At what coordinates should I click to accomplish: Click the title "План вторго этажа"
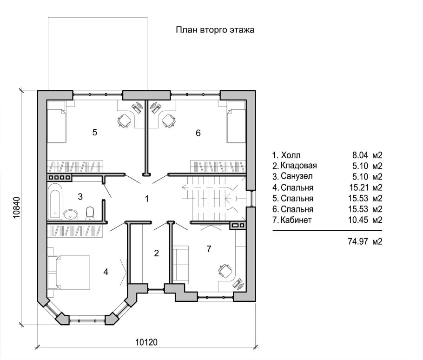click(x=215, y=30)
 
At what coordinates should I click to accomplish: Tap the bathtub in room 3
click(x=55, y=201)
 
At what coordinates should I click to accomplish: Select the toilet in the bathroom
click(x=90, y=213)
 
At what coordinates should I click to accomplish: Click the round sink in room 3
click(x=71, y=215)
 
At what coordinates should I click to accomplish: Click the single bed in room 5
click(x=57, y=122)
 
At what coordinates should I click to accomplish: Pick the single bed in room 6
click(x=236, y=122)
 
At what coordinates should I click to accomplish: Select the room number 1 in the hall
click(x=147, y=199)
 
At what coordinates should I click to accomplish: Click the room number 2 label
click(x=157, y=253)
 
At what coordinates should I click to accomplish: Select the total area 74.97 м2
click(x=365, y=241)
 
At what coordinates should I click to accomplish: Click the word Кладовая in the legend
click(x=298, y=166)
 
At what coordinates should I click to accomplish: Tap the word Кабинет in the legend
click(x=296, y=220)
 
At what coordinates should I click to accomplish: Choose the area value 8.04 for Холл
click(x=360, y=155)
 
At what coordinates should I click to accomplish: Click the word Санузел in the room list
click(x=297, y=176)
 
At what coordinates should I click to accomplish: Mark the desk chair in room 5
click(x=125, y=120)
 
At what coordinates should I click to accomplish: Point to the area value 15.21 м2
click(x=365, y=187)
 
